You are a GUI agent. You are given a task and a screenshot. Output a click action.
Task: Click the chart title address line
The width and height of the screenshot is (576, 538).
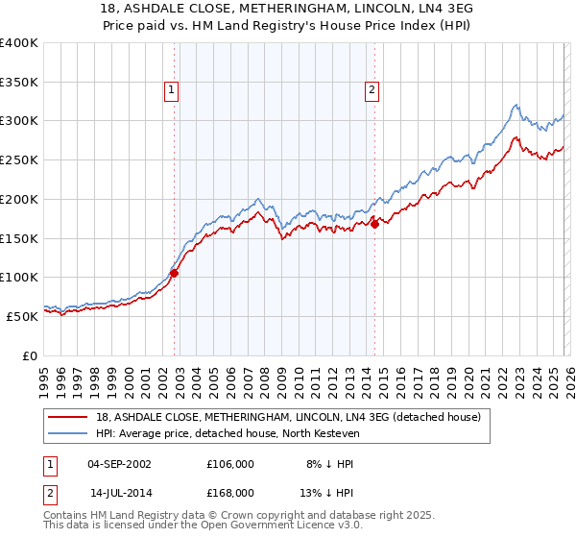[x=288, y=9]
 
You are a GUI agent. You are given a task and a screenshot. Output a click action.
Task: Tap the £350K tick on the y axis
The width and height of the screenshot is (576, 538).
[x=19, y=83]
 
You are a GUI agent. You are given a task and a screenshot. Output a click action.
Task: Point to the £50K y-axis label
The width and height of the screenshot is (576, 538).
[x=22, y=316]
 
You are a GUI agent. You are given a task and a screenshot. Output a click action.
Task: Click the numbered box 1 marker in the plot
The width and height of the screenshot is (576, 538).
[x=171, y=90]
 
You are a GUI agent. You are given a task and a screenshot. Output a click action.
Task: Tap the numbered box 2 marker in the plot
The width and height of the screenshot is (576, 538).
[x=371, y=90]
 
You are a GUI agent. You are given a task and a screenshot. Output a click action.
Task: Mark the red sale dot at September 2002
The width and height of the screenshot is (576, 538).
[x=174, y=273]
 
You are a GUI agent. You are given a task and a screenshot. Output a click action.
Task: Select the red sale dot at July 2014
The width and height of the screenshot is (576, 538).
[x=374, y=225]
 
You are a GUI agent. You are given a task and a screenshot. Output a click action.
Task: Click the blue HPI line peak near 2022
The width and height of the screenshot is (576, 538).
[x=516, y=105]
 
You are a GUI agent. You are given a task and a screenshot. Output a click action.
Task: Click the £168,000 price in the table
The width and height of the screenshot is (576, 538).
[x=230, y=492]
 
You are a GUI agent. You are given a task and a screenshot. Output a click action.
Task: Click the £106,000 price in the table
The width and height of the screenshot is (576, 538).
[x=230, y=463]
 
